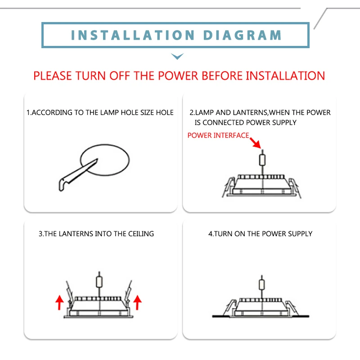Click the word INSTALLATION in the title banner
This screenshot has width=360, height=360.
tap(133, 35)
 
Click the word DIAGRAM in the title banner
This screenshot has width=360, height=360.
tap(243, 35)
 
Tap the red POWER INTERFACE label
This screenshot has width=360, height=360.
tap(218, 135)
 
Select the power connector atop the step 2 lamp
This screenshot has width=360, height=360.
tap(263, 160)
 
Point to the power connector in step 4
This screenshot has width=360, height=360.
tap(261, 284)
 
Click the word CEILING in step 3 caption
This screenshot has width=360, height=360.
tap(139, 234)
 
